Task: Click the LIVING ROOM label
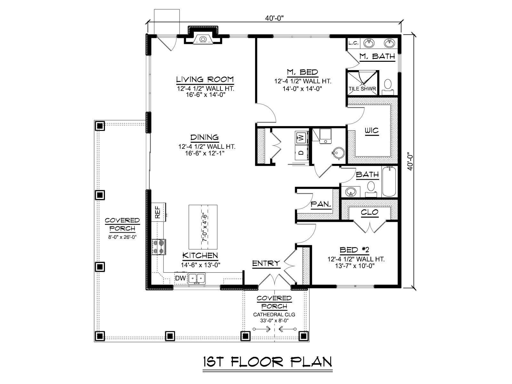205,79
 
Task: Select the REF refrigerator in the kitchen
159,212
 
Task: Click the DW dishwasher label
180,278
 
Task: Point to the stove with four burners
159,247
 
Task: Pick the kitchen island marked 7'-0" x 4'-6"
203,227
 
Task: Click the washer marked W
302,138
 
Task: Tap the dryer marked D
302,153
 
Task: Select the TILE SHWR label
362,89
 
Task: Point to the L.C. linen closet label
353,43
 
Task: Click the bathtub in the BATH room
389,181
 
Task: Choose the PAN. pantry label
321,204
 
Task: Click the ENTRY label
266,263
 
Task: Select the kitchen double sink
196,278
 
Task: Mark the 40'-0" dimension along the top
274,18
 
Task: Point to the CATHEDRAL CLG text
274,315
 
